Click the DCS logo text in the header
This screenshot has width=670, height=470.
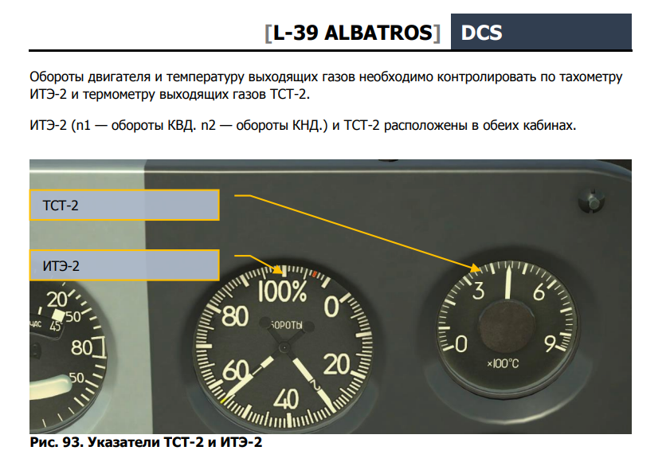tap(481, 33)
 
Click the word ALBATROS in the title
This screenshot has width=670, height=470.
tap(378, 33)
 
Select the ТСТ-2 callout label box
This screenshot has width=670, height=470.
tap(124, 205)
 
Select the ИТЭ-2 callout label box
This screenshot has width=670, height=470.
tap(124, 265)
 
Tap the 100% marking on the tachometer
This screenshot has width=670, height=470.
tap(282, 292)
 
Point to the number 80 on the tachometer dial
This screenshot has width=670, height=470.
tap(235, 316)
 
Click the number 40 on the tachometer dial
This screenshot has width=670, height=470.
tap(286, 400)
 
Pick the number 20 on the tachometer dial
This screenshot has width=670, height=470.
tap(337, 365)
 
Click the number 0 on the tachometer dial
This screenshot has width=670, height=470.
tap(331, 307)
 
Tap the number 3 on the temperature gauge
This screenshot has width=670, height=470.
tap(479, 291)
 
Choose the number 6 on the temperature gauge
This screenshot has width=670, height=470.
tap(539, 292)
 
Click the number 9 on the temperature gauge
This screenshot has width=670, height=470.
tap(550, 343)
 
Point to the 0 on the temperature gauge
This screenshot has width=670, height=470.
tap(460, 343)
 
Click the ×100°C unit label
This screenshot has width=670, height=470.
tap(503, 363)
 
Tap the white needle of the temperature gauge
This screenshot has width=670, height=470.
tap(508, 284)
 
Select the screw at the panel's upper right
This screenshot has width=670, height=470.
tap(591, 199)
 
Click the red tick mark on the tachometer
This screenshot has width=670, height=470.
tap(315, 274)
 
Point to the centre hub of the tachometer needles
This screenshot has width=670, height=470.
tap(284, 348)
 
